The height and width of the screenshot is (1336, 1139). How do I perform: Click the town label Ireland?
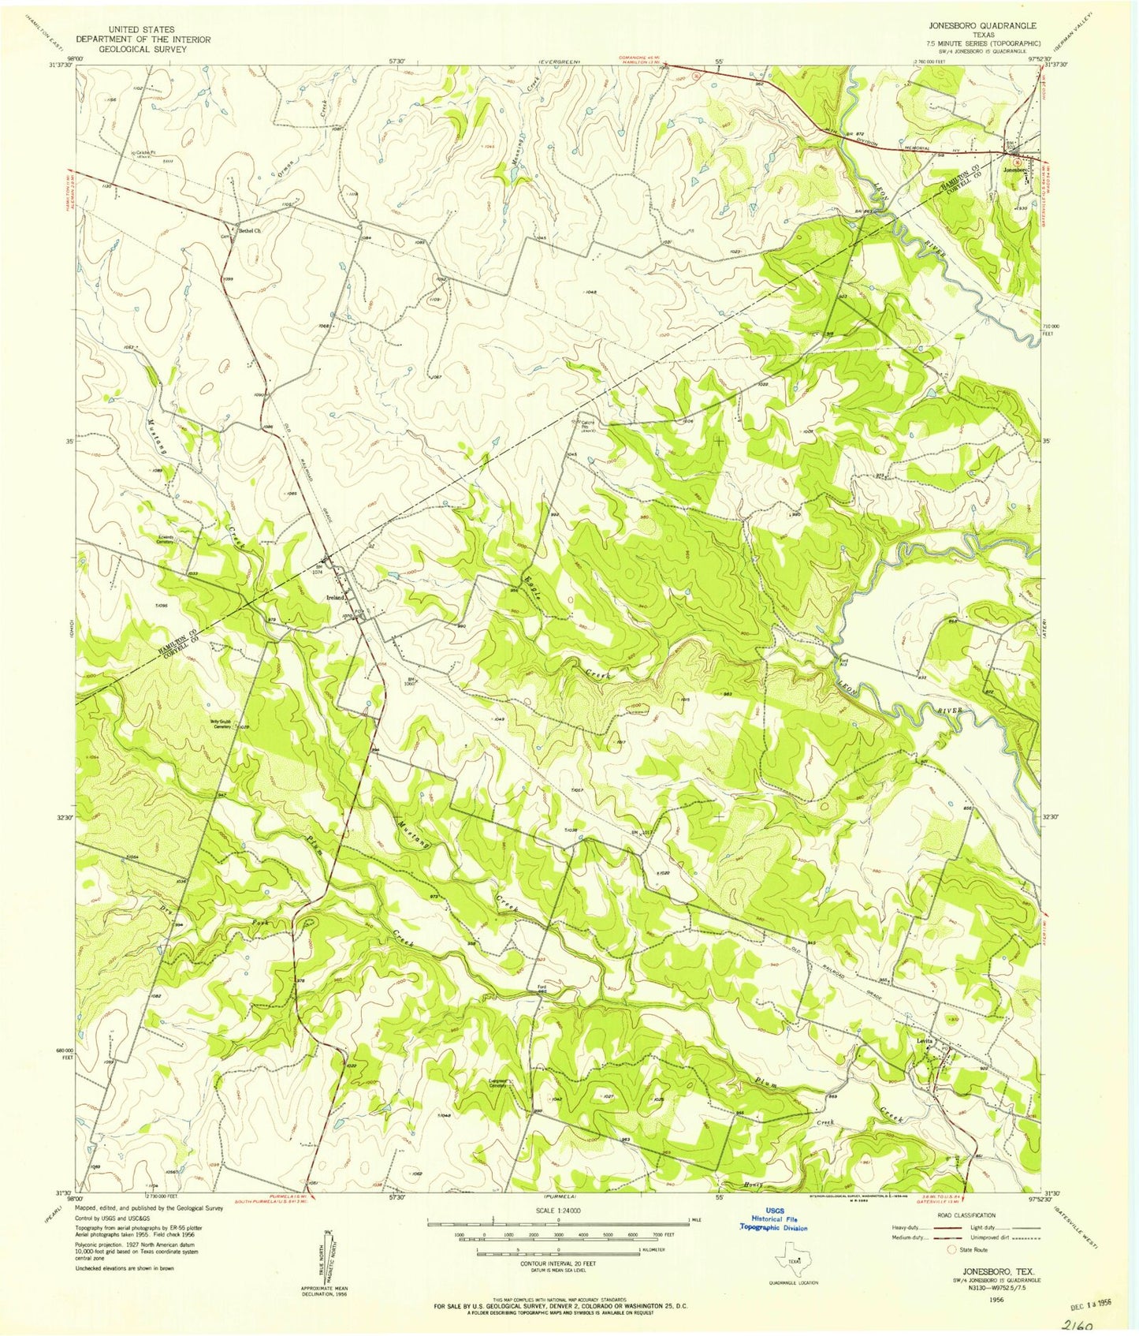pyautogui.click(x=337, y=597)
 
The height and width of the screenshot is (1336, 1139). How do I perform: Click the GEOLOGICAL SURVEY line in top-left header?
pyautogui.click(x=132, y=49)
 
